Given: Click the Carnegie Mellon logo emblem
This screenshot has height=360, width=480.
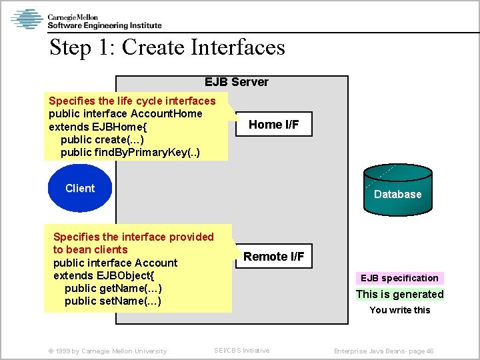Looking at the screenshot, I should (27, 19).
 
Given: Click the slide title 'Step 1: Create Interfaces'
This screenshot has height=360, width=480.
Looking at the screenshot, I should (167, 47).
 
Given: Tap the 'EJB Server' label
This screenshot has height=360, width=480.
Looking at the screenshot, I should (236, 82).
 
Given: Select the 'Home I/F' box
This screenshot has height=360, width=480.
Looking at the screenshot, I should (273, 124).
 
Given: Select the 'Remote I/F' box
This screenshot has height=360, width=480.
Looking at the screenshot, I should (273, 257).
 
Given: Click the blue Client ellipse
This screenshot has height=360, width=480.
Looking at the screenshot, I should (80, 189).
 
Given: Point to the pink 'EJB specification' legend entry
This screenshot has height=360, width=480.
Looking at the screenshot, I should (399, 278).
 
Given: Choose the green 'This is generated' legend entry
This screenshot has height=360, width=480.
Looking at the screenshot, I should (399, 294).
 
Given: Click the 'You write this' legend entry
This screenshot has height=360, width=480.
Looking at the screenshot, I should (399, 310).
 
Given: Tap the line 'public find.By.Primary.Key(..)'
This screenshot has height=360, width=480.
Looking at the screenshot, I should (129, 152).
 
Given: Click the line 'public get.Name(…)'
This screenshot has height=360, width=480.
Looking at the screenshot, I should (113, 288).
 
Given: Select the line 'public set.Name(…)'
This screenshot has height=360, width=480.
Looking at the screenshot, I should (113, 301).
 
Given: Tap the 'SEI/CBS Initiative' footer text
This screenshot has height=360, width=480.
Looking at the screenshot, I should (241, 351).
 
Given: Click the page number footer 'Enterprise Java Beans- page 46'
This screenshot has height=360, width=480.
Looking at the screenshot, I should (383, 351).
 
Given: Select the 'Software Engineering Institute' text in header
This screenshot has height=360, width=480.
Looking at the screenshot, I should (105, 25).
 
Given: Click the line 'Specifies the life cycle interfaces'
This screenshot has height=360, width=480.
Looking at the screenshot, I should (132, 101).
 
